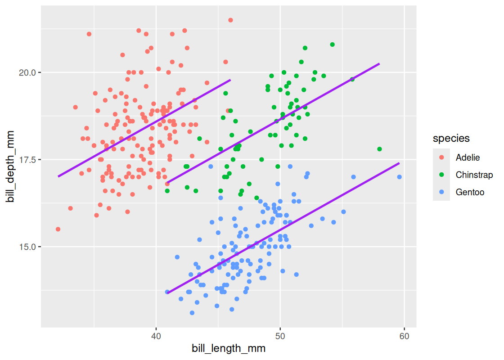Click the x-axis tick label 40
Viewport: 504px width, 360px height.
pos(156,337)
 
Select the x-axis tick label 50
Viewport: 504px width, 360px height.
pos(280,337)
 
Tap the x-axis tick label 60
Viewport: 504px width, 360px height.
pos(404,337)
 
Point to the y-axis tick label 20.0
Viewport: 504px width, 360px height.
pos(28,72)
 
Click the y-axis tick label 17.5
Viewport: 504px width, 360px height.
pos(28,160)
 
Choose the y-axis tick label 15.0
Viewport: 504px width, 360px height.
pos(28,247)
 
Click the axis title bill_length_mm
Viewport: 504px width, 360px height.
pos(229,349)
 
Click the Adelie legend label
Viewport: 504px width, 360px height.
pos(468,157)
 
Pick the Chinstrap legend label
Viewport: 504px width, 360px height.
pos(474,175)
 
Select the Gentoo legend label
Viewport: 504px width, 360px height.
pos(470,192)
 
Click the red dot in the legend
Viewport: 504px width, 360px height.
pos(441,157)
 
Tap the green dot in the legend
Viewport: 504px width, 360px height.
pos(441,175)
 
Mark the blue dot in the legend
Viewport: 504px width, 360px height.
pos(441,192)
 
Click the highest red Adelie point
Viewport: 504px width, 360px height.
pos(230,20)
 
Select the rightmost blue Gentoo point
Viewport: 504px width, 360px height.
pos(399,177)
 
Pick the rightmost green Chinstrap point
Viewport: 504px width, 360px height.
pos(379,149)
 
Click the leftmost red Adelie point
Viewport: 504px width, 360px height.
pos(58,229)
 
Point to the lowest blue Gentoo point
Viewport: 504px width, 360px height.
pos(192,313)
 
